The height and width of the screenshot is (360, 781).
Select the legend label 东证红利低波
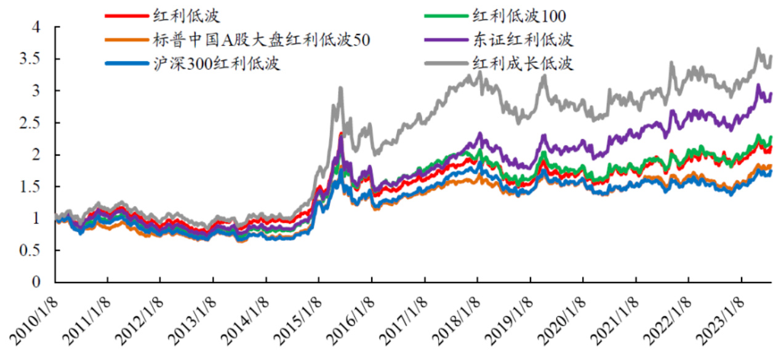tap(523, 40)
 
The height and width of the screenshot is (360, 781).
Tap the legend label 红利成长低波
tap(523, 63)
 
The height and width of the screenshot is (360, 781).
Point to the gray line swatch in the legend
tap(446, 63)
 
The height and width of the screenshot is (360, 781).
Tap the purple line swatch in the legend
tap(446, 40)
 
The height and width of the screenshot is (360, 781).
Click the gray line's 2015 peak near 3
tap(340, 89)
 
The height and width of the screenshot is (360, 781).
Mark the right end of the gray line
tap(771, 57)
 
